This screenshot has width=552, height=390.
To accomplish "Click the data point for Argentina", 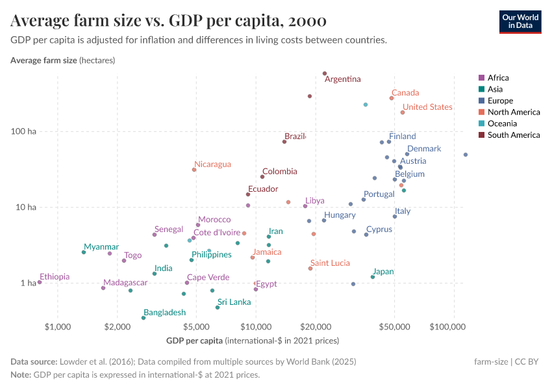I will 325,73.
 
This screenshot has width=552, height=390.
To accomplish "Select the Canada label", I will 405,93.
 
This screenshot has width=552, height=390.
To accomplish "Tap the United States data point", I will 403,112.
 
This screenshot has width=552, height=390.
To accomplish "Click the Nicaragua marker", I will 194,170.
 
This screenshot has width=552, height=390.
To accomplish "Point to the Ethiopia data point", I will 40,282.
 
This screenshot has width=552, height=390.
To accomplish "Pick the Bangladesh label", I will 165,313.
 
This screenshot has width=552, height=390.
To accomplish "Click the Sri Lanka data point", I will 218,307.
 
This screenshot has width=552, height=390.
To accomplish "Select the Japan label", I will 383,272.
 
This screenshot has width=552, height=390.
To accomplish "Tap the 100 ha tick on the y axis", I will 27,131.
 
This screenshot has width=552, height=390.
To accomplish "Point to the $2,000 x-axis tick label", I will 117,326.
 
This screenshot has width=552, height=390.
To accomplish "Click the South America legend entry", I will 513,135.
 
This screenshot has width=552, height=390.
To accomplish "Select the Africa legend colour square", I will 481,78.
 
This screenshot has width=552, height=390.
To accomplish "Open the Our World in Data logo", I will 520,21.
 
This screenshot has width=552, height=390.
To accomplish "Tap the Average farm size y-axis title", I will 44,60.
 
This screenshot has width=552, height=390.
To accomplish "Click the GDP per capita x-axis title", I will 195,340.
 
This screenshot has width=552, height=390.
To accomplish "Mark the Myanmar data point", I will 84,252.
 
